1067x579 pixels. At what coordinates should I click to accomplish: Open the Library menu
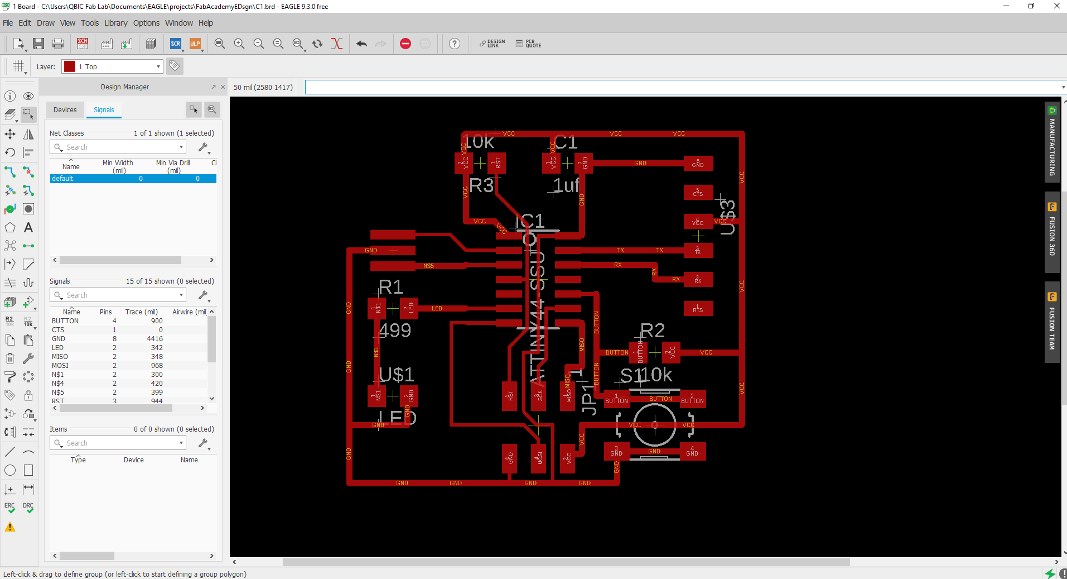[x=115, y=23]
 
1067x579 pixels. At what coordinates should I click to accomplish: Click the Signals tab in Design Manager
[x=104, y=110]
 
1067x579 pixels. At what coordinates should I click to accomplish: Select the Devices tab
[x=65, y=110]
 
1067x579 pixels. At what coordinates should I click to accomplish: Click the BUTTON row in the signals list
[x=65, y=321]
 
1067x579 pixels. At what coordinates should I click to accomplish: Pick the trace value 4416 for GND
[x=155, y=339]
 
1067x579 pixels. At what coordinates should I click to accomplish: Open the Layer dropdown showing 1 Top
[x=113, y=66]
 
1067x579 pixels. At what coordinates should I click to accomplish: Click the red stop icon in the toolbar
[x=405, y=44]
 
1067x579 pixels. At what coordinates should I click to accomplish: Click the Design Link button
[x=493, y=44]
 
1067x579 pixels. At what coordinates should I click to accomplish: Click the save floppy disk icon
[x=38, y=44]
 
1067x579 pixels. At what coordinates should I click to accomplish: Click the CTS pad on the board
[x=698, y=193]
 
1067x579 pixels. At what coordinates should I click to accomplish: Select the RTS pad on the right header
[x=698, y=308]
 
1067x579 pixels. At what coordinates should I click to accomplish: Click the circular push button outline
[x=655, y=424]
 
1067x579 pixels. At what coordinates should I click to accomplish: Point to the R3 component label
[x=481, y=185]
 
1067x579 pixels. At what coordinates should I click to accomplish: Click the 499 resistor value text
[x=395, y=331]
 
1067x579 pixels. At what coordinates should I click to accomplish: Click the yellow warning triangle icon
[x=10, y=527]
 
